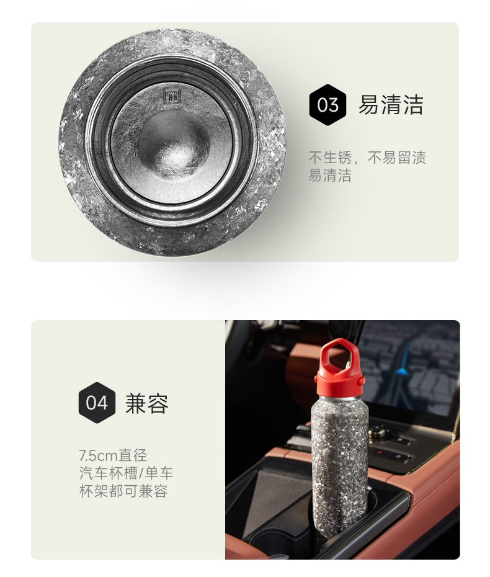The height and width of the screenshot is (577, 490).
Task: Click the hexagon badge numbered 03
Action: pos(327,105)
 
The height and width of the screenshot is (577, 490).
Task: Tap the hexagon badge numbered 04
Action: pos(97,403)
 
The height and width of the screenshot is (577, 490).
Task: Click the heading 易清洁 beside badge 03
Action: pos(391,105)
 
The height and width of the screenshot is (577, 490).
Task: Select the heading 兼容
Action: pos(147,403)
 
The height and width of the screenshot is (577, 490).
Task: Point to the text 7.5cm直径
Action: pos(113,455)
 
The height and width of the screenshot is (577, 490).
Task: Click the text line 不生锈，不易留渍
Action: pos(367,158)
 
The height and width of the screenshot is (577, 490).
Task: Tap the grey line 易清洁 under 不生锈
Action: pos(329,175)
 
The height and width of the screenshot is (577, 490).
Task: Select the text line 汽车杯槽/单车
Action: pos(126,473)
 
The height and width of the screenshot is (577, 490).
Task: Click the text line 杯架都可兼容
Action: pos(123,491)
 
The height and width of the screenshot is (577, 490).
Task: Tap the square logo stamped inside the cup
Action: pos(172,97)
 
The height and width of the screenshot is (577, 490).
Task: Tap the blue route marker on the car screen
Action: pos(402,369)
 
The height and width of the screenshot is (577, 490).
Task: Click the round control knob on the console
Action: pos(378,431)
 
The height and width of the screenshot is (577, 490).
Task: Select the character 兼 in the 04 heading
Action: pos(136,403)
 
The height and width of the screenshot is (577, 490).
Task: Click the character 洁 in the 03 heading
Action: pos(413,105)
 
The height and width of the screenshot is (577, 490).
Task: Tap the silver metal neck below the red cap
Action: pos(339,396)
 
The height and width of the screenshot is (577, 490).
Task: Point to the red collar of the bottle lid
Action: pos(339,384)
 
